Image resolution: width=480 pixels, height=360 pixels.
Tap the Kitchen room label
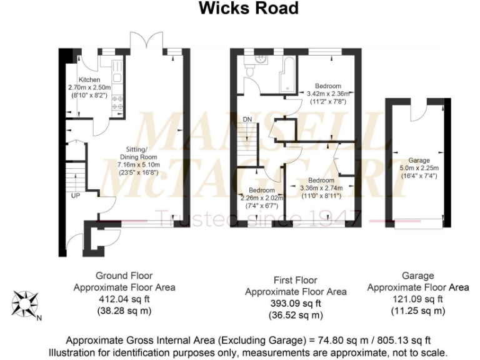[89, 80]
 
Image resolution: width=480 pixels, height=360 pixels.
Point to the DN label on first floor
[247, 119]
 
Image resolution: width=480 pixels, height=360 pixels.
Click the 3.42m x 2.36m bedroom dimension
[328, 93]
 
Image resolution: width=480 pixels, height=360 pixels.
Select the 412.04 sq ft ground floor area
[124, 299]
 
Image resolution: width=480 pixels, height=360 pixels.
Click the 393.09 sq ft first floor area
[296, 304]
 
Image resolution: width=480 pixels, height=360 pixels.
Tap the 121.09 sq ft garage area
[417, 299]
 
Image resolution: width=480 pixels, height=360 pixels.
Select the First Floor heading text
[296, 280]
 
